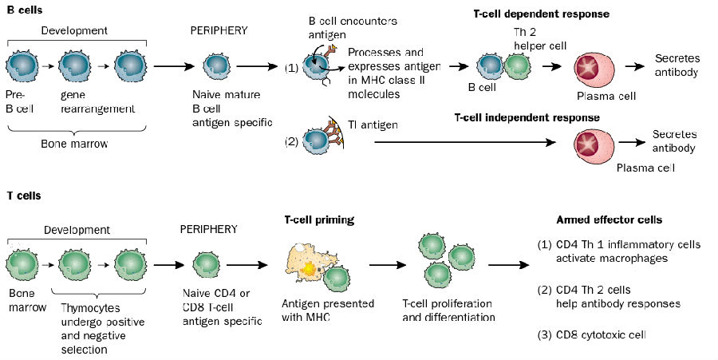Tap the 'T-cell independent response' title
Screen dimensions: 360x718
527,117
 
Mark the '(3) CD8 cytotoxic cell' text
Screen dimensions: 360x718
603,334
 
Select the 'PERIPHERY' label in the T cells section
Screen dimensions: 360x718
210,229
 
